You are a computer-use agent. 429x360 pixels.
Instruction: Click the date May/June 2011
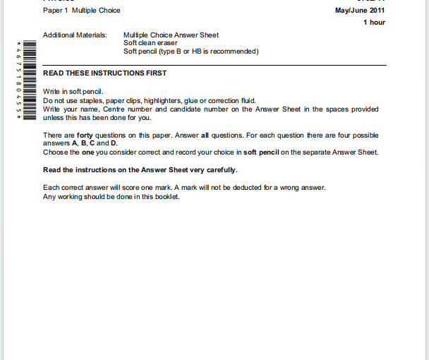pyautogui.click(x=361, y=11)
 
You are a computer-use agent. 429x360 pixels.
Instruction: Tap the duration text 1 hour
pyautogui.click(x=374, y=23)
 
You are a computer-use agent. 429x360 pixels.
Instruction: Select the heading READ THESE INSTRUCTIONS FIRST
pyautogui.click(x=104, y=73)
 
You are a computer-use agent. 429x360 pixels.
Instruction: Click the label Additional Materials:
pyautogui.click(x=75, y=35)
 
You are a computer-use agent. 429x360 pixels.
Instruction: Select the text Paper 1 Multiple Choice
pyautogui.click(x=82, y=11)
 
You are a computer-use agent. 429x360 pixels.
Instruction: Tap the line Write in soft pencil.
pyautogui.click(x=73, y=92)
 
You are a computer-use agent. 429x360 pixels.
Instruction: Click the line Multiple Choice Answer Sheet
pyautogui.click(x=171, y=35)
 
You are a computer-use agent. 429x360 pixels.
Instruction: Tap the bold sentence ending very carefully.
pyautogui.click(x=140, y=170)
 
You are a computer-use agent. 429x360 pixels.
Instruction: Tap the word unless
pyautogui.click(x=53, y=118)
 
